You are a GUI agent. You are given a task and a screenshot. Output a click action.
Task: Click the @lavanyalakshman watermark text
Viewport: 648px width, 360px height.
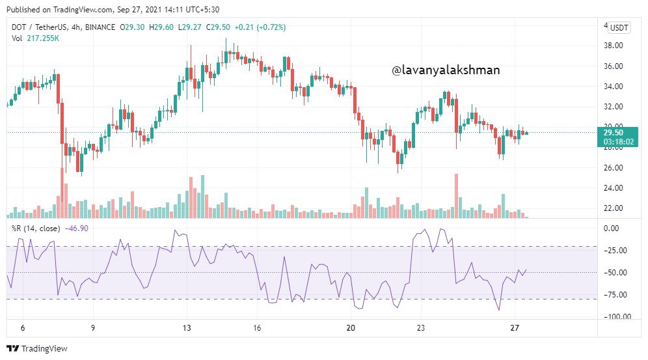pyautogui.click(x=446, y=70)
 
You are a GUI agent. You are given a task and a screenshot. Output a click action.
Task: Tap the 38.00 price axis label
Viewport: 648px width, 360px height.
pyautogui.click(x=614, y=46)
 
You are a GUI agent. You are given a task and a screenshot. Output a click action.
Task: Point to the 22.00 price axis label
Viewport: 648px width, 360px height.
pyautogui.click(x=614, y=208)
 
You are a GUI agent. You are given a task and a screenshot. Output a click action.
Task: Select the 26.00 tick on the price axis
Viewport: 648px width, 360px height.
pyautogui.click(x=614, y=168)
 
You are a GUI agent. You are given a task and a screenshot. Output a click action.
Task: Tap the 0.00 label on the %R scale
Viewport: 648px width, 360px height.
pyautogui.click(x=611, y=228)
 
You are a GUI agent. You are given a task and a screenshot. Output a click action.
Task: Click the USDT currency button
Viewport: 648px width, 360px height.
pyautogui.click(x=619, y=27)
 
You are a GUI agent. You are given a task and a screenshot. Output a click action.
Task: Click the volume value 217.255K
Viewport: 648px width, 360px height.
pyautogui.click(x=43, y=38)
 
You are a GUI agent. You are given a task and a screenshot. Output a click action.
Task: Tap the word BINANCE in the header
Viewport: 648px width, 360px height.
pyautogui.click(x=100, y=27)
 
